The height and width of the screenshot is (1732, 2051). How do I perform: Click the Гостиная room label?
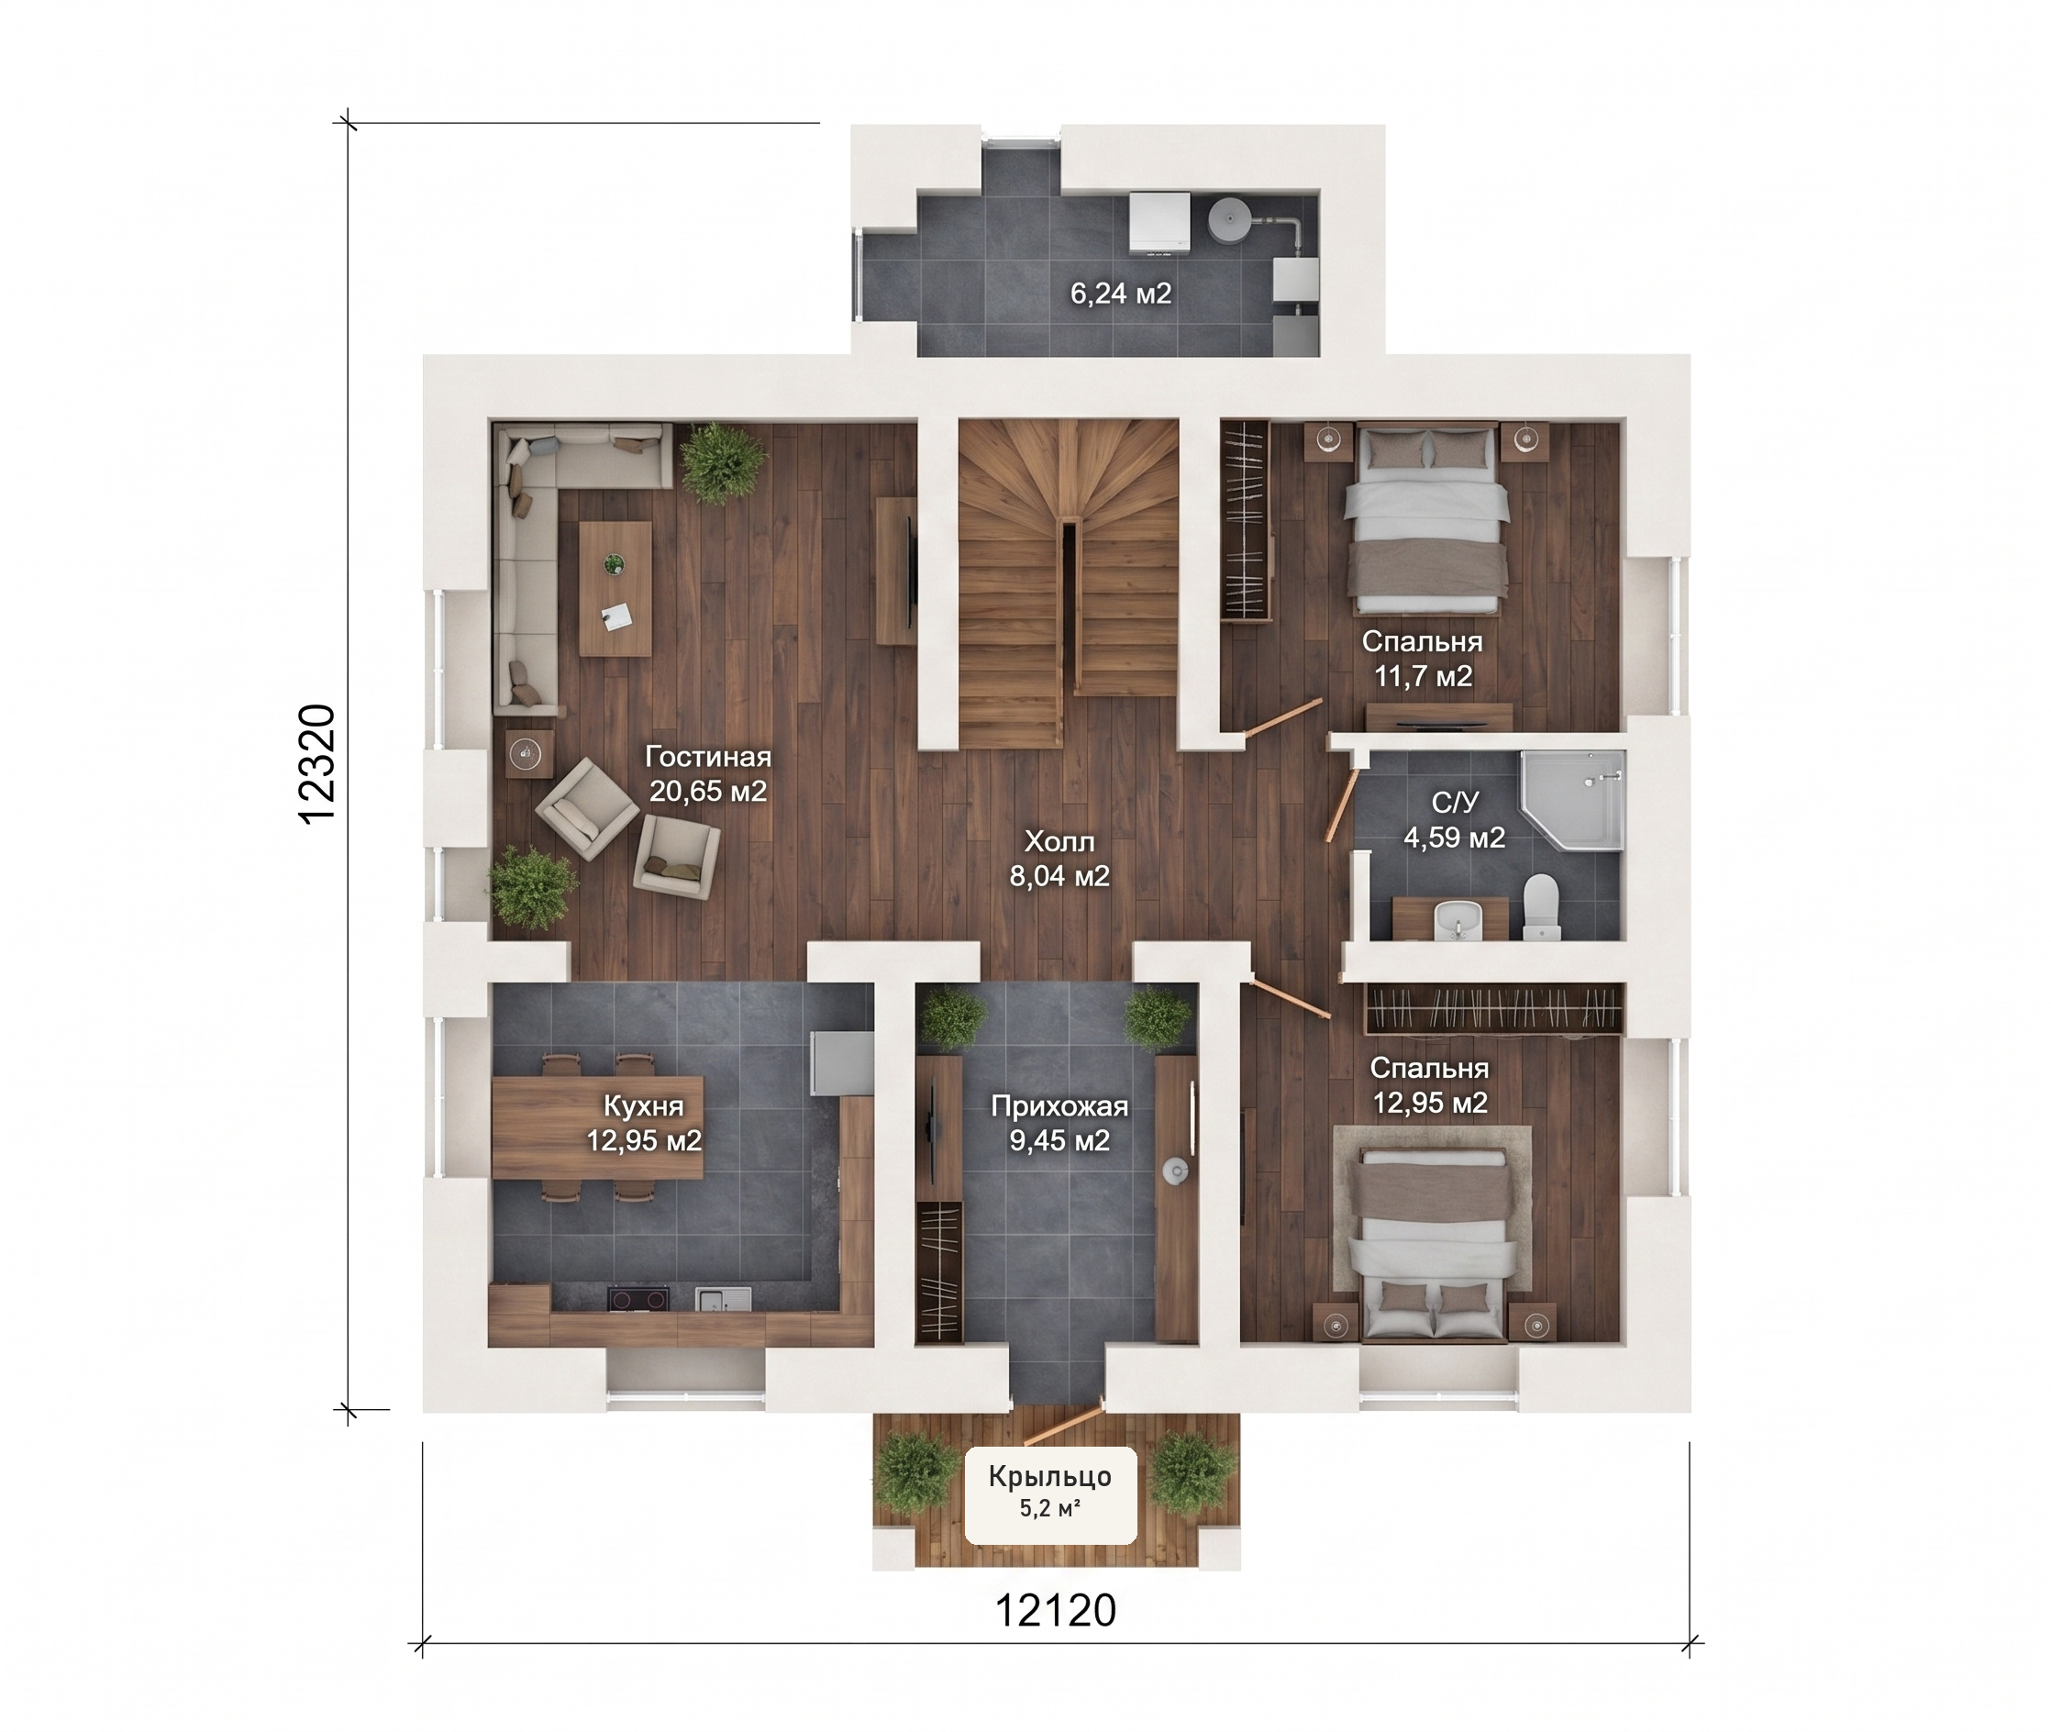click(x=708, y=757)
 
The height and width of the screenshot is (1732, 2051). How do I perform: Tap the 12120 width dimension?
click(x=1056, y=1610)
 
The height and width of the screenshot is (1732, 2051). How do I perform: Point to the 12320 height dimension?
click(x=317, y=765)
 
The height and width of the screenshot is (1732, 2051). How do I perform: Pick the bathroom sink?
click(x=1457, y=920)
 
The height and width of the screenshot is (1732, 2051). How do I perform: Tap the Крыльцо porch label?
click(x=1049, y=1477)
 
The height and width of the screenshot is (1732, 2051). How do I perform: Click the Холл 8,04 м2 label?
click(x=1059, y=858)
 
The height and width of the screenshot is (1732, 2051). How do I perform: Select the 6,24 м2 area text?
click(x=1120, y=294)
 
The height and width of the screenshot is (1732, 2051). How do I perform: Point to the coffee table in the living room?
click(x=615, y=588)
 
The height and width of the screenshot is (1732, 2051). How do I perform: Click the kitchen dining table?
click(x=597, y=1127)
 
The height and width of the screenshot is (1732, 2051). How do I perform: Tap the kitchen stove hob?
click(x=638, y=1299)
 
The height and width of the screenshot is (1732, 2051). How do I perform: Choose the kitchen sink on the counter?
click(x=724, y=1299)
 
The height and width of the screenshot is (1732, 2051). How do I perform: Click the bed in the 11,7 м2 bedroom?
click(x=1426, y=519)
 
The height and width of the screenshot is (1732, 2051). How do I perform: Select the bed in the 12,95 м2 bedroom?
click(x=1433, y=1243)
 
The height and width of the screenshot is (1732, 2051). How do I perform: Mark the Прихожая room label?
click(x=1059, y=1106)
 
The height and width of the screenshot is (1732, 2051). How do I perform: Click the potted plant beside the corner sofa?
click(x=724, y=462)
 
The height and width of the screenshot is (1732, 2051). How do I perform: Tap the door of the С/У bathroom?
click(x=1341, y=805)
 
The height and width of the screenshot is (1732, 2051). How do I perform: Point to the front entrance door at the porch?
click(x=1063, y=1425)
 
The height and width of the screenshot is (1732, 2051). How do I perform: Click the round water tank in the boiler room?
click(x=1227, y=221)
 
